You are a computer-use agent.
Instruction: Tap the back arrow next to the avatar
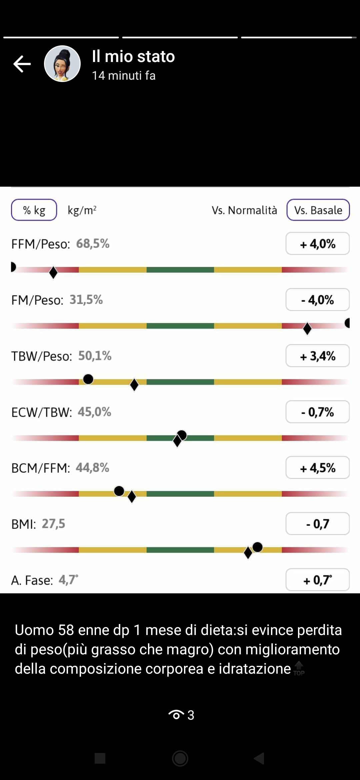click(22, 64)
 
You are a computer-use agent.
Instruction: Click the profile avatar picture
click(62, 64)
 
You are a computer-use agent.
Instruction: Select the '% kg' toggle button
click(34, 210)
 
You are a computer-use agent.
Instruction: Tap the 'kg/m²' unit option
click(82, 210)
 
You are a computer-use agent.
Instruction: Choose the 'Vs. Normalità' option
click(244, 210)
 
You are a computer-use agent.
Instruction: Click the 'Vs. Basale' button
click(318, 210)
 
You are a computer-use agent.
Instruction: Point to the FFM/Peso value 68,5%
click(93, 244)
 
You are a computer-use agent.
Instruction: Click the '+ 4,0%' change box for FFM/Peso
click(317, 244)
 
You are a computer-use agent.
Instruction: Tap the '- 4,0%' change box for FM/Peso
click(317, 300)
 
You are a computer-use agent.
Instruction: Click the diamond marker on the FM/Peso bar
click(307, 328)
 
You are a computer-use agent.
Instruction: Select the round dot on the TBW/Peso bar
click(88, 379)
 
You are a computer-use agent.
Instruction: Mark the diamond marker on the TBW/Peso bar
click(134, 385)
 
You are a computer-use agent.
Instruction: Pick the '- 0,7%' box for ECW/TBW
click(317, 412)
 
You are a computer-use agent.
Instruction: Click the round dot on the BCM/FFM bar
click(119, 491)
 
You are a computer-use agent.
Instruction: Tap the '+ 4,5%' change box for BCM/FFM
click(317, 468)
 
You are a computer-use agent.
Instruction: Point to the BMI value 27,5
click(53, 524)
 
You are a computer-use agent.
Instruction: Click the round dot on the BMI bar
click(257, 547)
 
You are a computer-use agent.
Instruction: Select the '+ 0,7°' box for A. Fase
click(317, 580)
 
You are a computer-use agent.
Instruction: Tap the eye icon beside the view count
click(176, 715)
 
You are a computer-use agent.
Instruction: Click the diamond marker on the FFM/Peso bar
click(53, 272)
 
